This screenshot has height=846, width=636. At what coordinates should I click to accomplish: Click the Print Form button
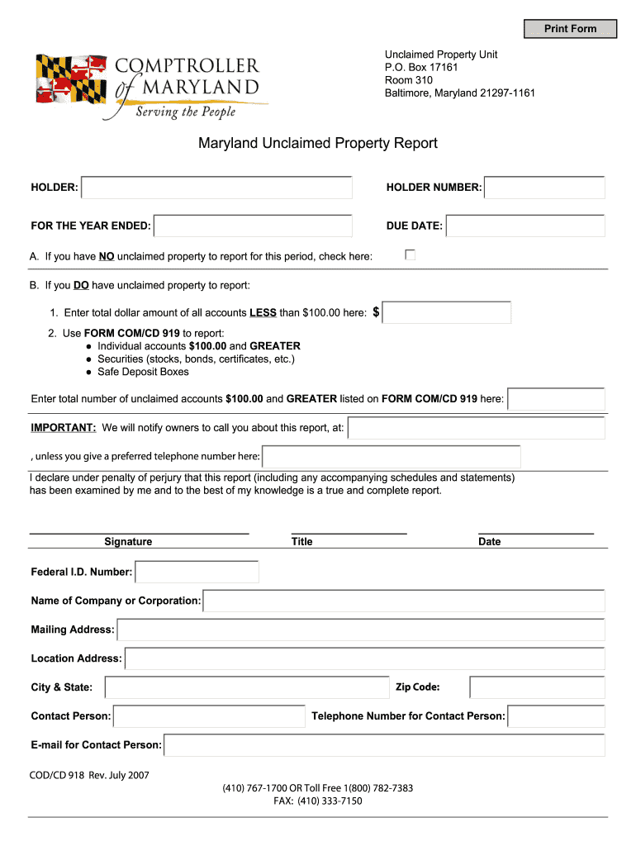tap(570, 29)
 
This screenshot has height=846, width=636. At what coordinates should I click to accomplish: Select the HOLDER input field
tap(217, 188)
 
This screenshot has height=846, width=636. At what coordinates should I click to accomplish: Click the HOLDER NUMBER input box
tap(544, 188)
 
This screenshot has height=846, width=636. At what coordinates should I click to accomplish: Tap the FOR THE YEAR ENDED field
tap(254, 226)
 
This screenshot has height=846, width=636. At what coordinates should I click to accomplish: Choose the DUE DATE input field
tap(525, 226)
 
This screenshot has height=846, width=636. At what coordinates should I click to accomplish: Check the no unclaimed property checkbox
tap(410, 255)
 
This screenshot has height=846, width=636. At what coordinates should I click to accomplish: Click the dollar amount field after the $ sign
tap(447, 312)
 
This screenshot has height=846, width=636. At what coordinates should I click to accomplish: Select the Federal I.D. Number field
tap(197, 572)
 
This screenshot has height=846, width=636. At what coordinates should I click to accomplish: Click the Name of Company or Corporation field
tap(404, 601)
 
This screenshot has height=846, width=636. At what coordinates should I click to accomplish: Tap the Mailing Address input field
tap(361, 630)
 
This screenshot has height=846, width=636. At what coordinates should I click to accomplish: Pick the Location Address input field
tap(365, 658)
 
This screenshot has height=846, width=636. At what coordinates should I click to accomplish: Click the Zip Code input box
tap(537, 687)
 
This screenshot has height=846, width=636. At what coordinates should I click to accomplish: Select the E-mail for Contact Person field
tap(384, 745)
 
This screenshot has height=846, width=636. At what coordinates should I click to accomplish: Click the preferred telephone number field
tap(392, 456)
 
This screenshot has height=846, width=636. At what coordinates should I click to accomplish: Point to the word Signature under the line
tap(128, 542)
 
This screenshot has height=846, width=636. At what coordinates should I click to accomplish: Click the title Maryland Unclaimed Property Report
tap(317, 144)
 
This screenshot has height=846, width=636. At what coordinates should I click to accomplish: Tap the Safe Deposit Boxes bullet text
tap(143, 372)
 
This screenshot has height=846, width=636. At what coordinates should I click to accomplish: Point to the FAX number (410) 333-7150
tap(318, 801)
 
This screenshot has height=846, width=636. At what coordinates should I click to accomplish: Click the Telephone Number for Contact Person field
tap(556, 716)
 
